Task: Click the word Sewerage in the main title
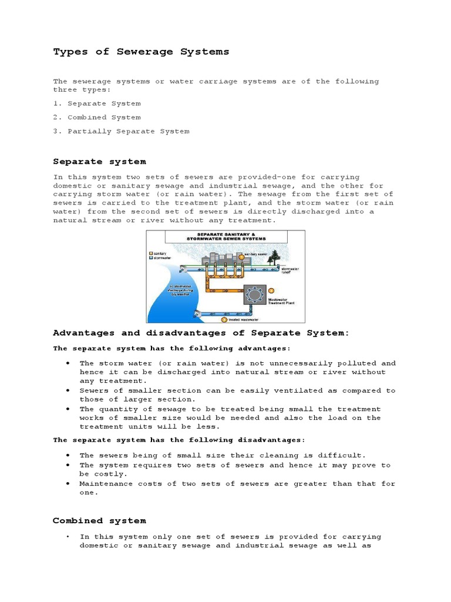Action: point(144,52)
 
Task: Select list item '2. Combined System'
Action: point(97,117)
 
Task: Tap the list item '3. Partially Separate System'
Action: point(121,131)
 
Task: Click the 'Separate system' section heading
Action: point(99,161)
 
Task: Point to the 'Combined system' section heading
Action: point(99,520)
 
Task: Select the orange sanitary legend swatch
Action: point(151,253)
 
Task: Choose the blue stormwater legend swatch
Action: point(151,257)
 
